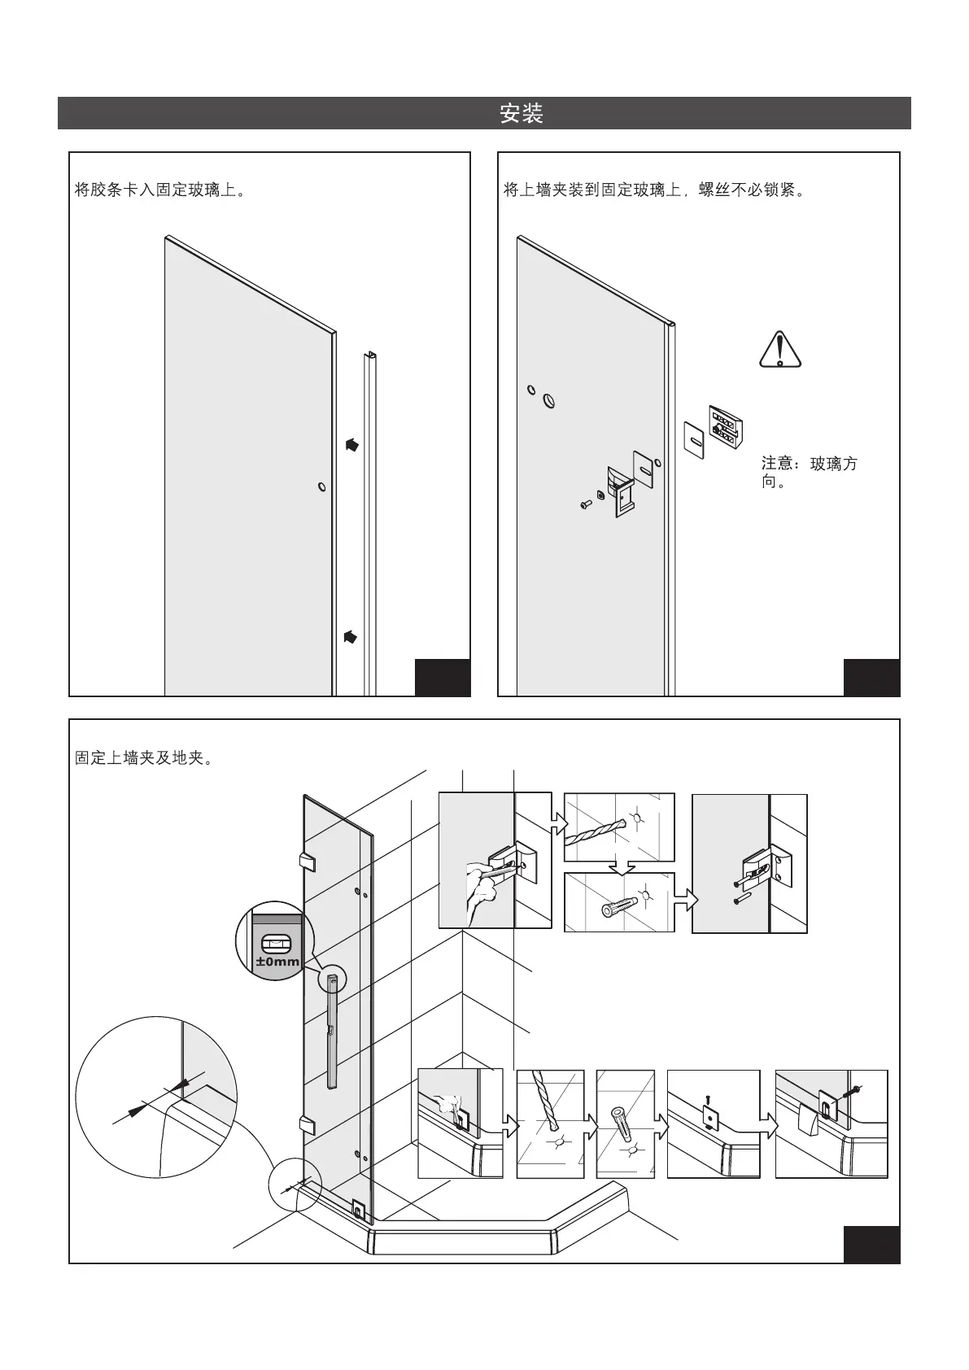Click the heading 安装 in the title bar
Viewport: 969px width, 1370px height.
point(522,113)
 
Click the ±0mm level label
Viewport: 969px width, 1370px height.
point(277,962)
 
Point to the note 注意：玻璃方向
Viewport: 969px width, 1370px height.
point(808,473)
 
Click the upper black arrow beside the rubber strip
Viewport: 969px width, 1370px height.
point(351,445)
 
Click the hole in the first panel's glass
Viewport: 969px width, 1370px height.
point(322,488)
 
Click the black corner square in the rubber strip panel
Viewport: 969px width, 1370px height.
point(443,677)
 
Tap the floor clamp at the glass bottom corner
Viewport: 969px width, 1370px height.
point(357,1209)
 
